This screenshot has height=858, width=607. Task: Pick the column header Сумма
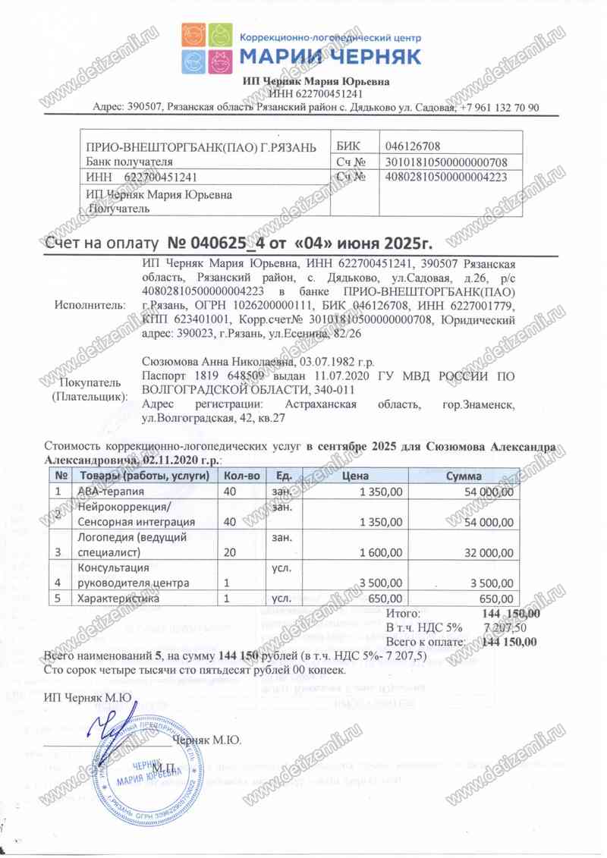click(x=464, y=476)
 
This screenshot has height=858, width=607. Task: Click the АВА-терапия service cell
click(x=105, y=492)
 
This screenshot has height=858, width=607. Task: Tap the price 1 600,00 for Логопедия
click(x=376, y=552)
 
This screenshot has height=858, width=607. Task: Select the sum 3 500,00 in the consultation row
click(x=492, y=583)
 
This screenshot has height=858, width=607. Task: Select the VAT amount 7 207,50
click(x=511, y=628)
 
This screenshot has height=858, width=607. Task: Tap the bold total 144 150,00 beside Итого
click(x=511, y=614)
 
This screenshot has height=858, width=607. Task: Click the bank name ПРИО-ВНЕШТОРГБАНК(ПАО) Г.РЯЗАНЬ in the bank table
click(x=196, y=146)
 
